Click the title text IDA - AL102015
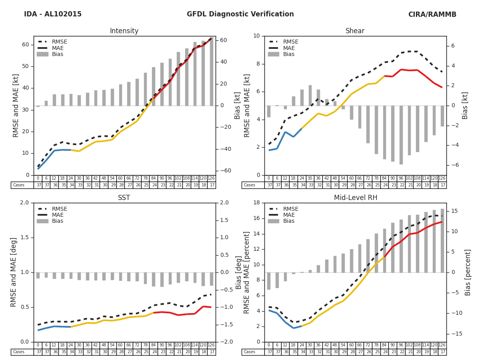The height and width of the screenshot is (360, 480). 53,14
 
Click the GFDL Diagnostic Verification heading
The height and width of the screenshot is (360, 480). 240,14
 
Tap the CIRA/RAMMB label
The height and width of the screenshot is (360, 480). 432,14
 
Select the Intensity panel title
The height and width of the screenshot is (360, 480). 124,31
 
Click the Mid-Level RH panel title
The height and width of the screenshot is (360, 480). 356,198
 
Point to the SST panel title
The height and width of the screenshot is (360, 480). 124,198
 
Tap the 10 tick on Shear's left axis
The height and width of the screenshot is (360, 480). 256,36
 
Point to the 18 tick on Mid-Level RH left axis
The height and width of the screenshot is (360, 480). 256,203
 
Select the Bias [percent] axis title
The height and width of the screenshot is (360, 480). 468,272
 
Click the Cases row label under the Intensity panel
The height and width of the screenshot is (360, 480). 19,185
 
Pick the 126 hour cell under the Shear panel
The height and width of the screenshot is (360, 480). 442,178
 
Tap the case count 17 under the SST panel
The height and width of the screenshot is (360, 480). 211,352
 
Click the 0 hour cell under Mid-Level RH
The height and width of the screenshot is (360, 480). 268,345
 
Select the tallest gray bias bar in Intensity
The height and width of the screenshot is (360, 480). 211,72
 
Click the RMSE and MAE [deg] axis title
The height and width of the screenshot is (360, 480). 14,272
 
